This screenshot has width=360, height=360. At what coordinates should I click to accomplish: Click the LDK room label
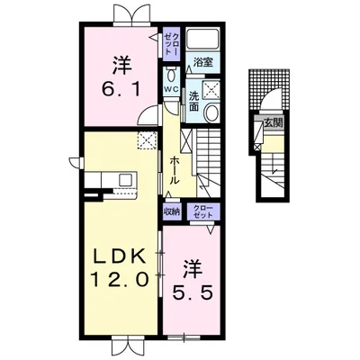pos(119,256)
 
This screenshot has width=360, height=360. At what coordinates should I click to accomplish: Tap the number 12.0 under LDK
pos(120,280)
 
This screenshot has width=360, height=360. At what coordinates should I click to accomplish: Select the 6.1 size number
pos(121,89)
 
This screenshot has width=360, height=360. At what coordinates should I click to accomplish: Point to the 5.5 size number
pos(193,292)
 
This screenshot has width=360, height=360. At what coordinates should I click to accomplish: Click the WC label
pos(171,89)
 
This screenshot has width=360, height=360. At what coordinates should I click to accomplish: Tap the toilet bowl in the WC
pos(172,75)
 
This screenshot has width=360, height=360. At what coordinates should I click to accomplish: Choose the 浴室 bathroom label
pos(202,62)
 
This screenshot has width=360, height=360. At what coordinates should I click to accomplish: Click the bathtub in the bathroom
pos(202,38)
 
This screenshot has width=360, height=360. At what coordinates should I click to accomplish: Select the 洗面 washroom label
pos(193,102)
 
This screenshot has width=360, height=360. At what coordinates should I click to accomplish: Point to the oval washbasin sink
pos(212,112)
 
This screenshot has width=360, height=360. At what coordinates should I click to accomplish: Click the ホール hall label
pos(175,170)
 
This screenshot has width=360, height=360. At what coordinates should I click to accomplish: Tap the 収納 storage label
pos(171,211)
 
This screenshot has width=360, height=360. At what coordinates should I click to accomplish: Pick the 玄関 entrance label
pos(274,122)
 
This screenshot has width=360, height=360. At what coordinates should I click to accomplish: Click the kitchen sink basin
pos(125,180)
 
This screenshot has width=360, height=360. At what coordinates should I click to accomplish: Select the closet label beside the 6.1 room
pos(172,43)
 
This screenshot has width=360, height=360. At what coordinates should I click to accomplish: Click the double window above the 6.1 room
pos(132,14)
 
